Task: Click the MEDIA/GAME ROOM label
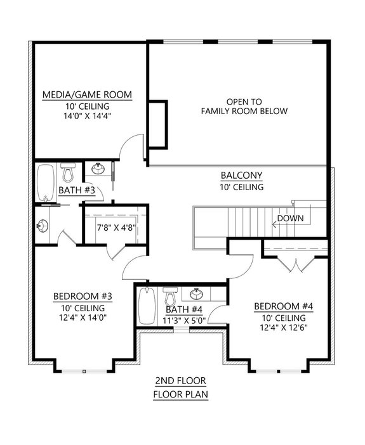(87, 95)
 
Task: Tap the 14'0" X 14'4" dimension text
(87, 117)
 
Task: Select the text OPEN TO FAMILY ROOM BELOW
(244, 106)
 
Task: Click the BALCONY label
(242, 176)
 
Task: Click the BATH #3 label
(77, 190)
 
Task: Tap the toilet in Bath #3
(69, 171)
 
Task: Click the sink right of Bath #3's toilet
(98, 169)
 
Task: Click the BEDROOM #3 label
(83, 296)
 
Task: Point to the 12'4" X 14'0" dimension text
(83, 318)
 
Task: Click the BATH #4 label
(183, 309)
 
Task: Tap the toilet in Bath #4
(169, 297)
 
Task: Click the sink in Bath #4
(197, 295)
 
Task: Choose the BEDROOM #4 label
(283, 307)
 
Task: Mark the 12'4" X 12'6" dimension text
(283, 328)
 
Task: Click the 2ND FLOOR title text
(181, 381)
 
